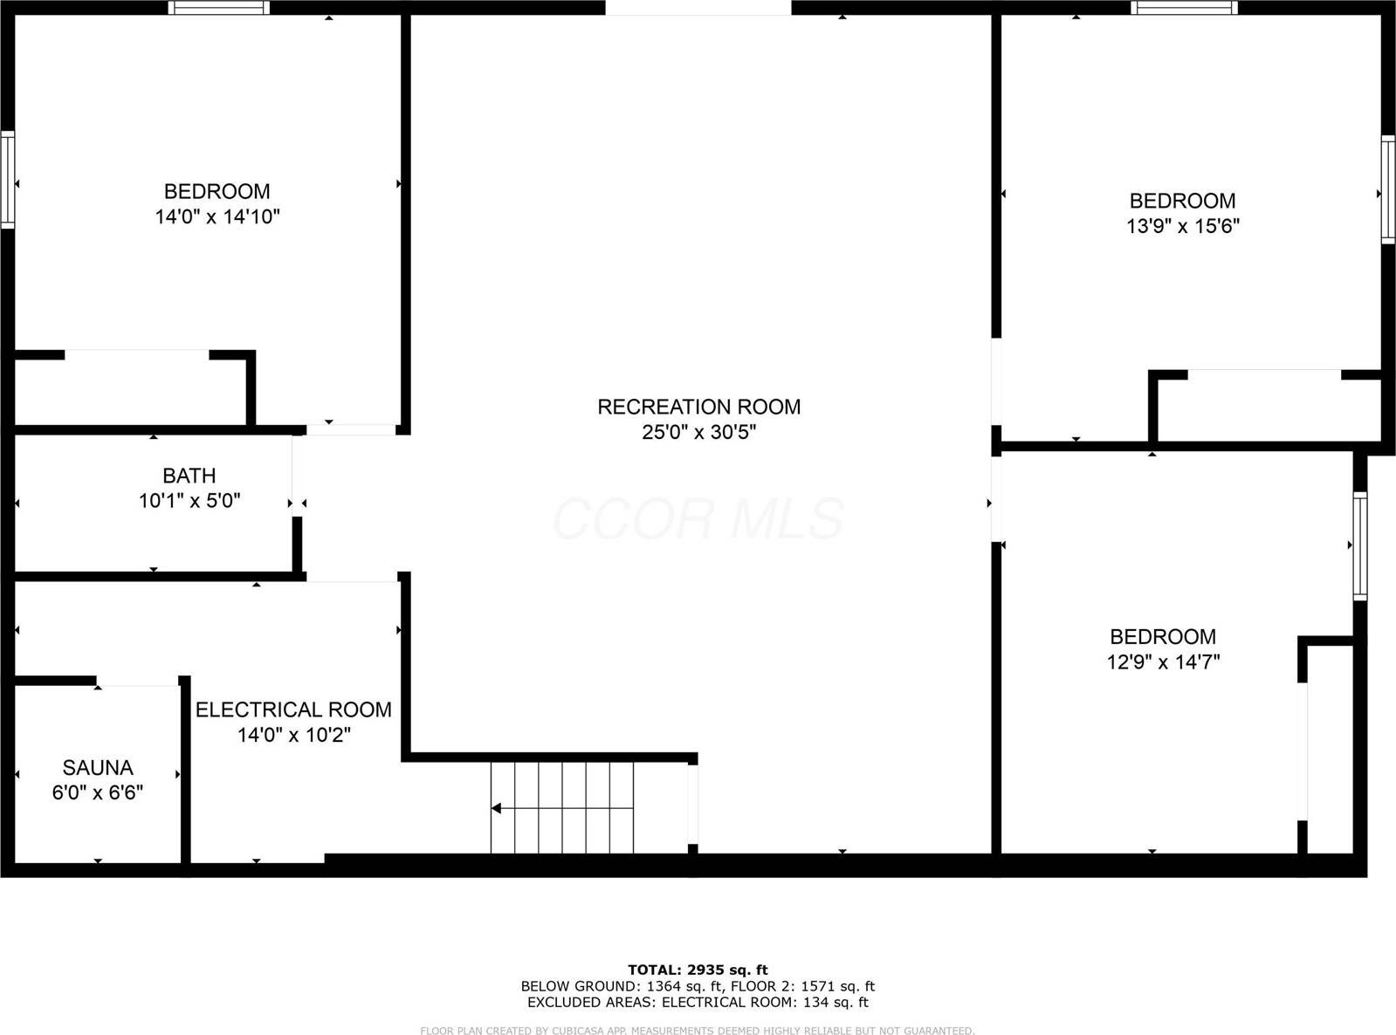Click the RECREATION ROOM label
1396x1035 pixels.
click(698, 407)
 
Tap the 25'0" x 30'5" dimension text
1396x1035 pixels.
click(698, 432)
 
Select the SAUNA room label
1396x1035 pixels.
click(98, 768)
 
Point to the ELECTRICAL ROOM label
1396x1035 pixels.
click(293, 709)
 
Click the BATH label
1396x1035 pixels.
click(189, 476)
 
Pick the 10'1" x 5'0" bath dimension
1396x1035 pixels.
click(189, 501)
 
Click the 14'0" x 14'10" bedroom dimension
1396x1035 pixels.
click(217, 216)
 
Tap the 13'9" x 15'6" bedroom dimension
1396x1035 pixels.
click(1183, 226)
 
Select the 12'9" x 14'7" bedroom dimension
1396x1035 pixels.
click(1163, 662)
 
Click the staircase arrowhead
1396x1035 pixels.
click(496, 808)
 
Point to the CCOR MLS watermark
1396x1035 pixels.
click(698, 518)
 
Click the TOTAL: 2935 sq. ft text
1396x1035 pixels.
click(698, 970)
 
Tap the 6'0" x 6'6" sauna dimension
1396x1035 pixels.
click(98, 792)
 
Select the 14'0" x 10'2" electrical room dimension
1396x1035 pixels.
click(293, 735)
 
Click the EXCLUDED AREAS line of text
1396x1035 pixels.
click(698, 1002)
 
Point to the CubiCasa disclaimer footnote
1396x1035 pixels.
click(698, 1031)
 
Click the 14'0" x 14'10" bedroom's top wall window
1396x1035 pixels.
click(218, 8)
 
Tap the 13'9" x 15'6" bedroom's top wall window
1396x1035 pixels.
click(1184, 8)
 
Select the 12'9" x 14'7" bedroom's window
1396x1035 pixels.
click(1359, 545)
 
